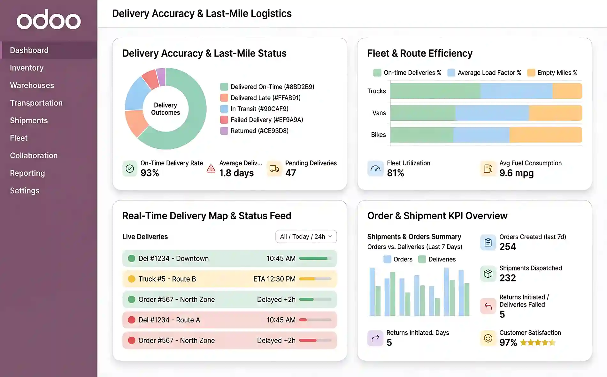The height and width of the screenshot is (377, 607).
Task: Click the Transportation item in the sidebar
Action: [x=36, y=103]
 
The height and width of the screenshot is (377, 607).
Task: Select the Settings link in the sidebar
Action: [x=25, y=191]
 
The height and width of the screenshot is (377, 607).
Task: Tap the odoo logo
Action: [x=49, y=20]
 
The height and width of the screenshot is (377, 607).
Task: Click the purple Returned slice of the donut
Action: [x=161, y=77]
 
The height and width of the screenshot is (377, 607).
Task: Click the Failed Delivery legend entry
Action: [x=266, y=120]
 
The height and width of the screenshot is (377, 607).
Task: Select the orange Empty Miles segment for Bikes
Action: [x=545, y=135]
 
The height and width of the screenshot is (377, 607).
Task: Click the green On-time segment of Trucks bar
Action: [x=435, y=91]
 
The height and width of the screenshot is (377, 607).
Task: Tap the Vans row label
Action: [x=379, y=113]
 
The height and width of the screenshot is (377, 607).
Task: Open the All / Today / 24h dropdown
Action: [x=306, y=237]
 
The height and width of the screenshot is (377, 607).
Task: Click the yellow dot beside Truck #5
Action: [x=131, y=279]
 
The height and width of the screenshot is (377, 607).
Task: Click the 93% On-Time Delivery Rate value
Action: [x=150, y=173]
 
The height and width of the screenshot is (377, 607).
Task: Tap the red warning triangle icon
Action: [x=211, y=169]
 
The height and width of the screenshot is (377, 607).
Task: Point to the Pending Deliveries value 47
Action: [x=290, y=173]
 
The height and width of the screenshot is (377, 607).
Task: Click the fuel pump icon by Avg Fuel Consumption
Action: [x=488, y=169]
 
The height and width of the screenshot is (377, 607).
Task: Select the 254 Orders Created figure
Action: [x=507, y=247]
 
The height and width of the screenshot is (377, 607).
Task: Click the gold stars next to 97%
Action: [x=538, y=343]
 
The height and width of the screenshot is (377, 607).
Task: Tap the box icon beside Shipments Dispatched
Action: [x=488, y=274]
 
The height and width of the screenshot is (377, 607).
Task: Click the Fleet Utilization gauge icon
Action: [x=375, y=169]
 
